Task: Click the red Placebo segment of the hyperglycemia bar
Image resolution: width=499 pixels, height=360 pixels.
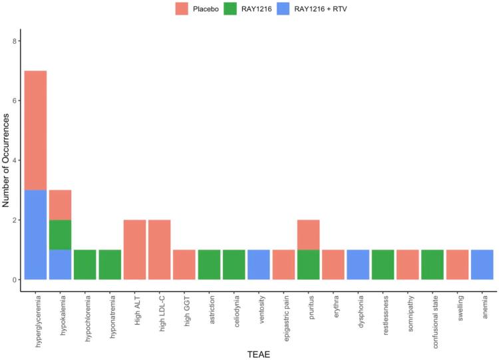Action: tap(35, 130)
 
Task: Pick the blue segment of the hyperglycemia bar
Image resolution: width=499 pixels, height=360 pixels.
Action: tap(35, 235)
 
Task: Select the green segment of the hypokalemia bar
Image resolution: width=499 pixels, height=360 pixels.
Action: tap(60, 235)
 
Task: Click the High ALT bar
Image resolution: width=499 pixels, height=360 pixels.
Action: tap(135, 250)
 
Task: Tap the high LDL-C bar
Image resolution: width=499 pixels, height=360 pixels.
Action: tap(160, 250)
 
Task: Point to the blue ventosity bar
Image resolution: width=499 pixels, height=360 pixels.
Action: tap(258, 265)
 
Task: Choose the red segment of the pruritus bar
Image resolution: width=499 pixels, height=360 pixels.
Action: tap(307, 235)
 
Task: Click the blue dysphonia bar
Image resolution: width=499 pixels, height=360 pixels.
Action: tap(357, 265)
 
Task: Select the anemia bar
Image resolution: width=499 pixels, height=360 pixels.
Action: tap(480, 265)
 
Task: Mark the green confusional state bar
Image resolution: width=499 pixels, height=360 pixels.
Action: tap(431, 265)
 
